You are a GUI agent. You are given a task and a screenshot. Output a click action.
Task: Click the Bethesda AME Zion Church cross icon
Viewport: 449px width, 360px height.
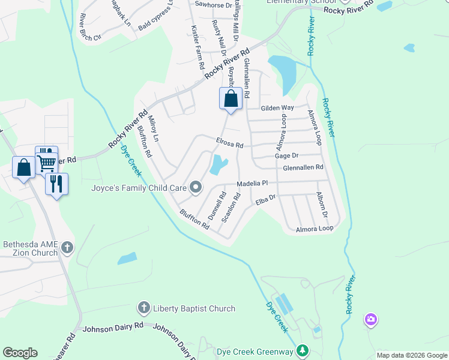[67, 247]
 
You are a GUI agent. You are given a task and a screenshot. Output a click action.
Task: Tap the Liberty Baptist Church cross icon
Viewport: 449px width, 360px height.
[143, 308]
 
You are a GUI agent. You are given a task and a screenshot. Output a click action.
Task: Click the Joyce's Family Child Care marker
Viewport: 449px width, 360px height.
[196, 188]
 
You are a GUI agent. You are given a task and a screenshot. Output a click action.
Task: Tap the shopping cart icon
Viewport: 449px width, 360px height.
[47, 160]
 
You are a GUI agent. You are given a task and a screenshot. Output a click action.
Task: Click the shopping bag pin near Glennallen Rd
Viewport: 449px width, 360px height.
[232, 98]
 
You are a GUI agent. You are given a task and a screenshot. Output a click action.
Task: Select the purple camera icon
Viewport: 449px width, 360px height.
[371, 319]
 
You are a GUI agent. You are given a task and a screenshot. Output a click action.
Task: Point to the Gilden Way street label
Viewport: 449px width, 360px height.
[277, 108]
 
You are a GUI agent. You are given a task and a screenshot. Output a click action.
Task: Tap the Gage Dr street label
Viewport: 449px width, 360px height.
[286, 155]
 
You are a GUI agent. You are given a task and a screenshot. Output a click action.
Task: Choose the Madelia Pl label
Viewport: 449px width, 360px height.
[255, 183]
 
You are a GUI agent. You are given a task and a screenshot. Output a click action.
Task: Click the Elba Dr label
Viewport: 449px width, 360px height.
[265, 200]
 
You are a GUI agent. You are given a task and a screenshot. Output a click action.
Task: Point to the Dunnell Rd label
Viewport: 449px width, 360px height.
[216, 205]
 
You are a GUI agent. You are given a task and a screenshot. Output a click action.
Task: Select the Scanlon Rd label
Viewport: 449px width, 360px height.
[231, 208]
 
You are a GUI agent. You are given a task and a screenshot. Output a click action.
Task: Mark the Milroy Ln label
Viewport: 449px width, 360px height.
[154, 128]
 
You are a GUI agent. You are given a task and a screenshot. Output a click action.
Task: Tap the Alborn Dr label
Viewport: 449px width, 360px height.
[322, 206]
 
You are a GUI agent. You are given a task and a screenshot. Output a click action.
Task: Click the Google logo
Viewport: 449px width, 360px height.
[20, 353]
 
